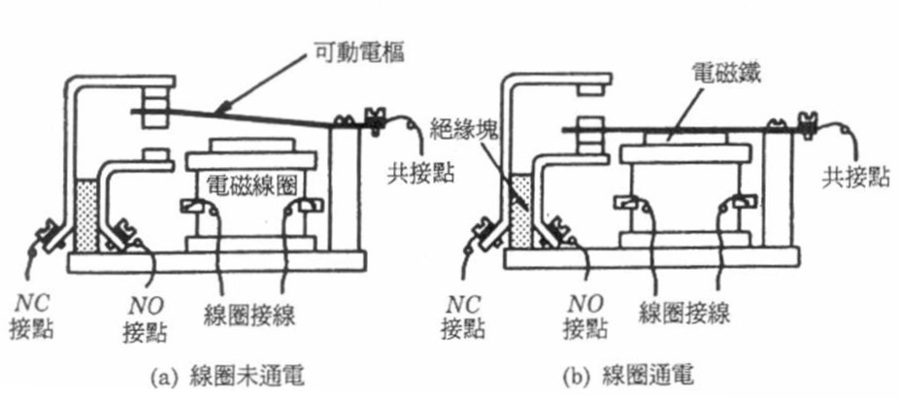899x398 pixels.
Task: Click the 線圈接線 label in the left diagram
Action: click(x=251, y=314)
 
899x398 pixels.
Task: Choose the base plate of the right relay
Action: click(x=650, y=257)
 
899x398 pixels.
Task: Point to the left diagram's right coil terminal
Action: click(x=309, y=206)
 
